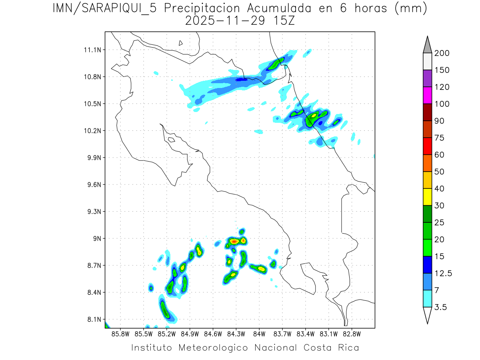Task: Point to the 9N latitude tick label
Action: pos(96,238)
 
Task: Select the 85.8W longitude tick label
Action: pos(121,333)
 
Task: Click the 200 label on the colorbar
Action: pos(442,53)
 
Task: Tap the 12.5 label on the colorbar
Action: pos(443,273)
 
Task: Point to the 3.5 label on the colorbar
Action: pos(441,307)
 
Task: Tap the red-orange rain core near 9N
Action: pos(234,241)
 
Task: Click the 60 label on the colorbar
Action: pos(440,155)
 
